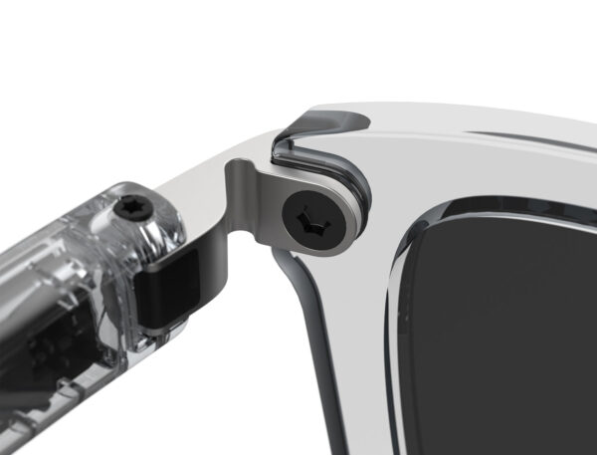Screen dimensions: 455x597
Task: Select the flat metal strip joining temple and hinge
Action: tap(204, 199)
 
